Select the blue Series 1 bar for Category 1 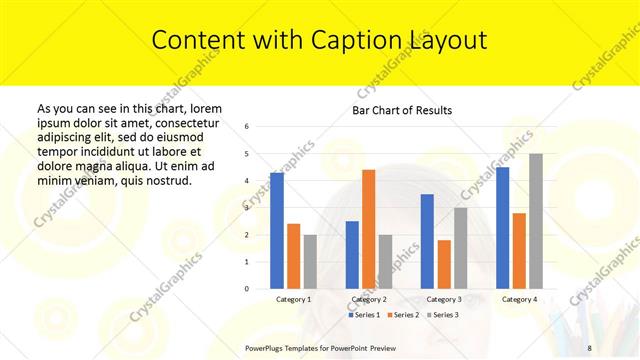(x=276, y=230)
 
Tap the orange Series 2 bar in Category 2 (x=368, y=229)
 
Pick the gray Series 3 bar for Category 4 (x=536, y=221)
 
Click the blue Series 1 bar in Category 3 (x=427, y=241)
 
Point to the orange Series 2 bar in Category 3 (x=443, y=264)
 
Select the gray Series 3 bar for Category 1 (x=310, y=262)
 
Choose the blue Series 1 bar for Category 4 (x=502, y=228)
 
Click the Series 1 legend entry (x=366, y=314)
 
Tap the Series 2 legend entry (x=403, y=314)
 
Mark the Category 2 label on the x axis (x=368, y=299)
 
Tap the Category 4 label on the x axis (x=519, y=299)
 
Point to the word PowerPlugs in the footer (x=265, y=346)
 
